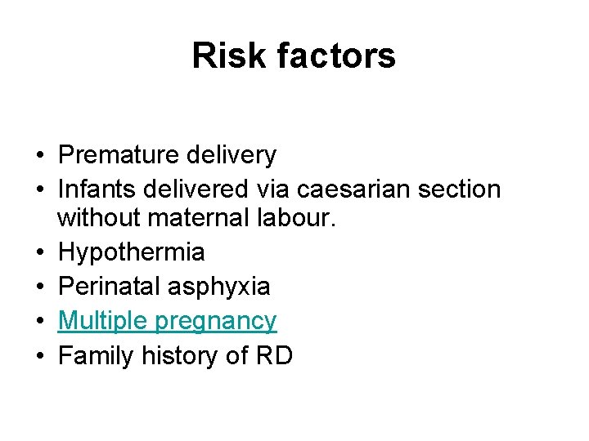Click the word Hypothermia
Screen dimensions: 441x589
pos(132,252)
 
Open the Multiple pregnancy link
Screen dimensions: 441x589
pos(168,322)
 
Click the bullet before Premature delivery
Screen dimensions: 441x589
pos(38,155)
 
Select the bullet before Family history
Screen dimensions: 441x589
pos(38,357)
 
